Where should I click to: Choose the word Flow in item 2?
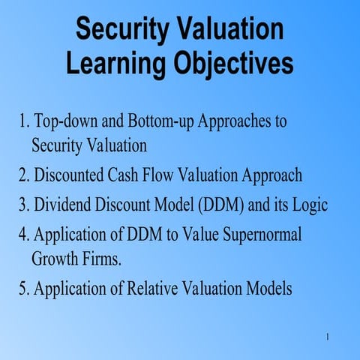(173, 175)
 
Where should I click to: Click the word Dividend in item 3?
(61, 205)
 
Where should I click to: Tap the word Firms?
(103, 260)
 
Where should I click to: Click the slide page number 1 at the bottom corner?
(328, 335)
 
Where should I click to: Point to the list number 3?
(23, 205)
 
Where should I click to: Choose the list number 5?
(23, 289)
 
